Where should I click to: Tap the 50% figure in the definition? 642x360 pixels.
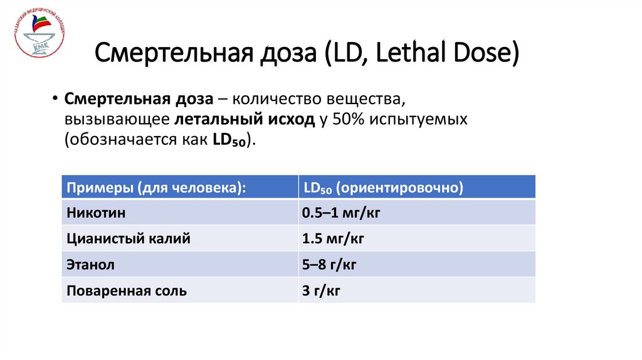point(345,120)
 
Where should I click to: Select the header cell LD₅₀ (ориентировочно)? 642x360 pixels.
point(383,188)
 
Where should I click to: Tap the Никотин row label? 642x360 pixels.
point(96,213)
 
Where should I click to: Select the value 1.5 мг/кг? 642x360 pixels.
point(333,239)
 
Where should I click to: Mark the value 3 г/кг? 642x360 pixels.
point(322,291)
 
